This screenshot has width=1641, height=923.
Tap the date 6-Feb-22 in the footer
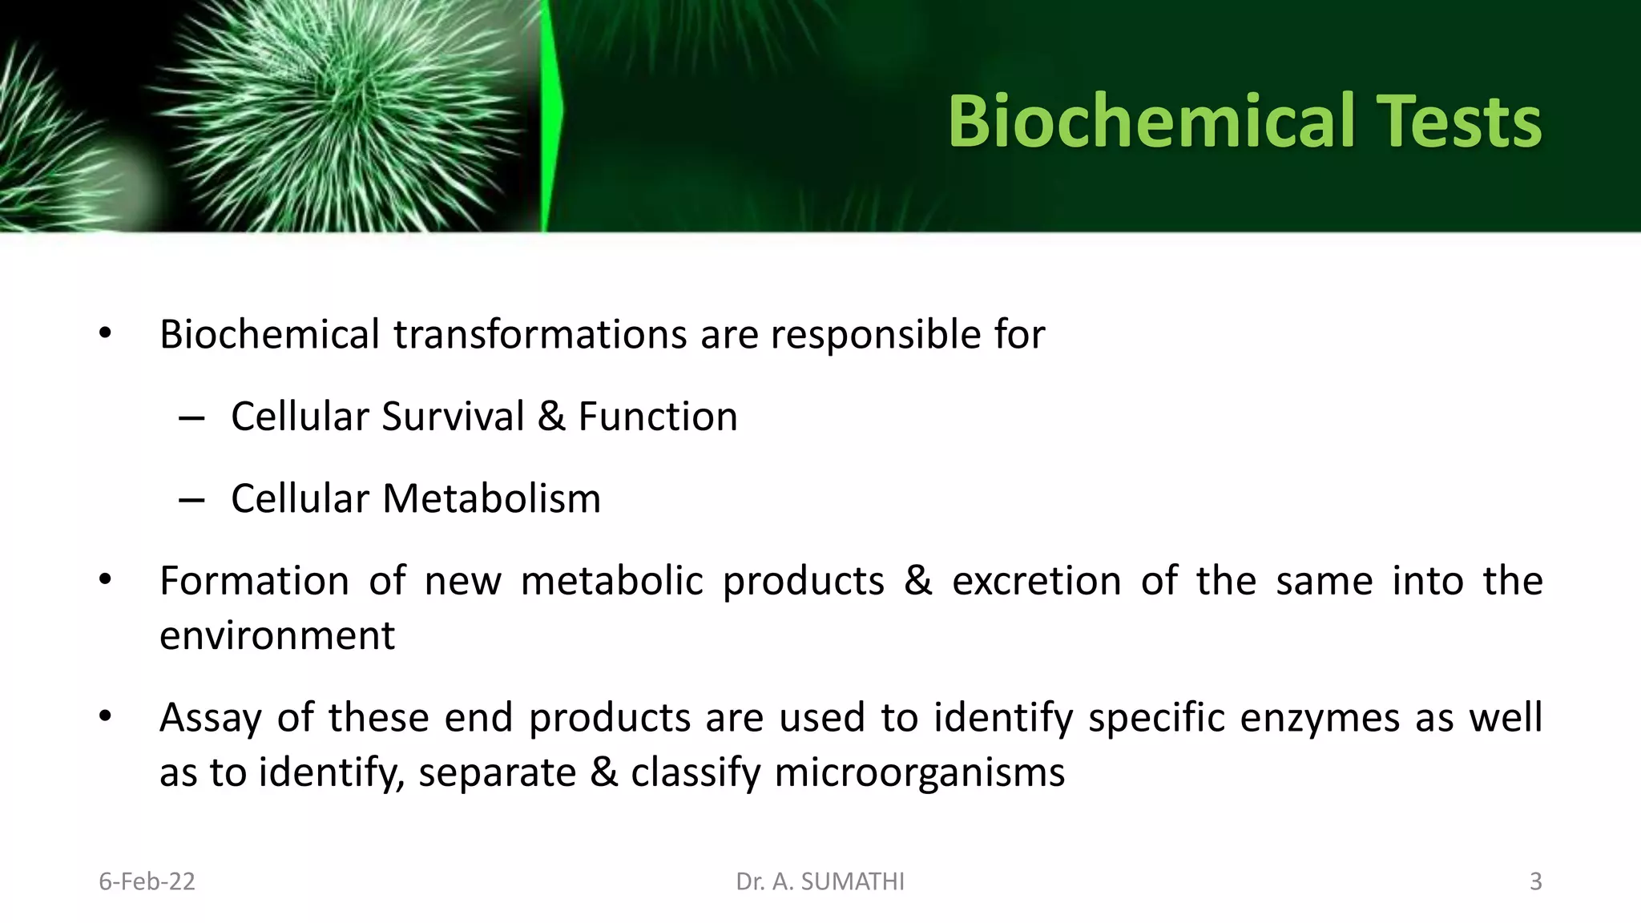point(147,881)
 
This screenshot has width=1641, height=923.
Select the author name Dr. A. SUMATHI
point(820,881)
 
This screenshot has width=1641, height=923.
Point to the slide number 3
point(1535,881)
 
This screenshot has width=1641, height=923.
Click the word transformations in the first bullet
point(539,334)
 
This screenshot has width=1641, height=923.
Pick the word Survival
point(452,417)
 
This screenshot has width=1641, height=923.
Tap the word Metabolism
point(491,498)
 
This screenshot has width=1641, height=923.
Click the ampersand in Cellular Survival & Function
point(551,417)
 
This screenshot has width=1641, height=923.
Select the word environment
point(277,635)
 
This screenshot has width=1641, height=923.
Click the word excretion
point(1036,581)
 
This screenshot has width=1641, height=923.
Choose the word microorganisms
point(920,772)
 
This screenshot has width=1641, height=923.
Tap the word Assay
point(210,717)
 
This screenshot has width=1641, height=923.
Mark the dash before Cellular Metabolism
point(192,499)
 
